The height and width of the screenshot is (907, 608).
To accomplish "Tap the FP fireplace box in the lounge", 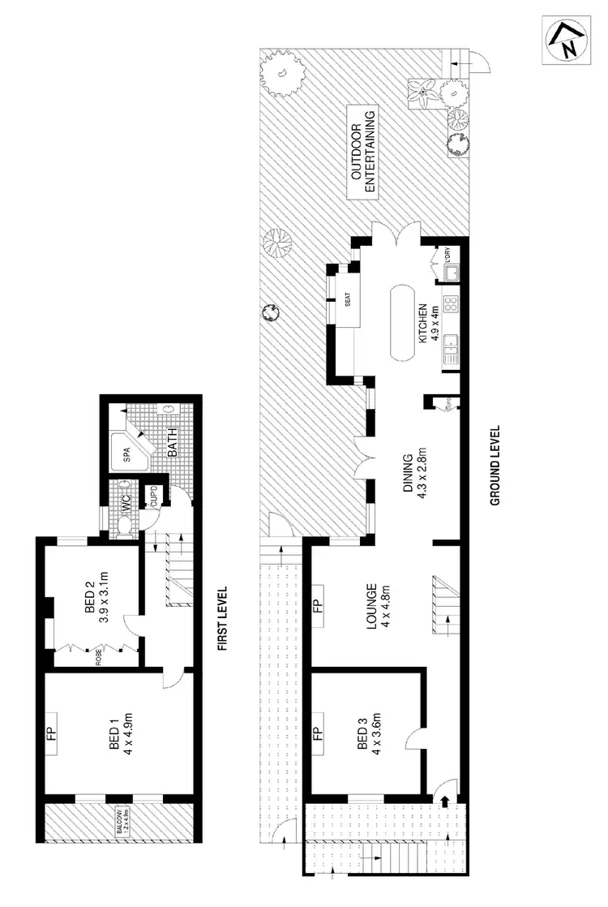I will pyautogui.click(x=318, y=605).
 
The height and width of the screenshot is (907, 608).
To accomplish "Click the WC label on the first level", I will pyautogui.click(x=126, y=503).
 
